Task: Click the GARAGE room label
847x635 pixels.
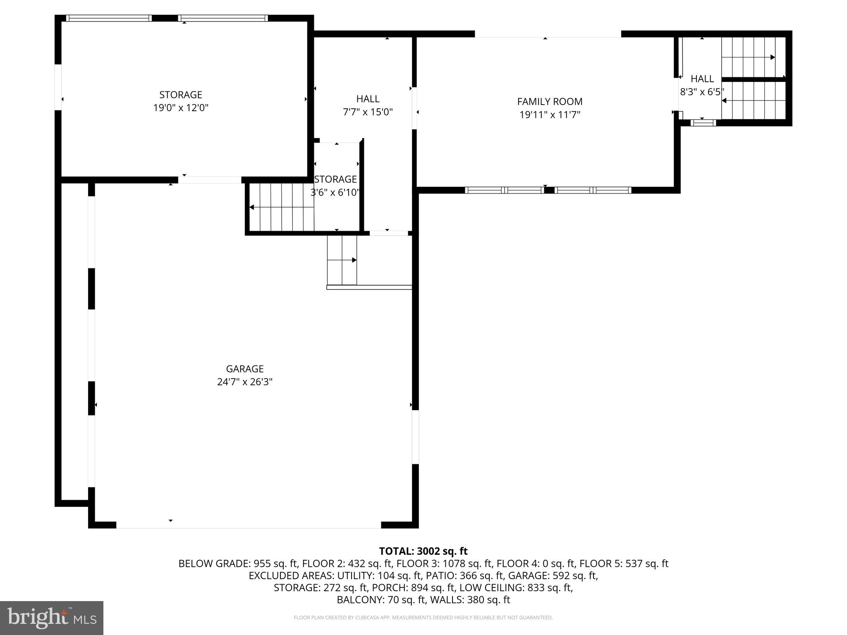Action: pos(244,368)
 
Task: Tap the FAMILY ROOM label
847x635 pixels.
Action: pos(550,101)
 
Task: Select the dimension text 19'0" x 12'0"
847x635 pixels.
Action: pos(181,108)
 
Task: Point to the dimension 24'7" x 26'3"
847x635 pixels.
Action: pos(244,382)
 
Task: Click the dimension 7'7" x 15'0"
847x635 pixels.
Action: pos(368,112)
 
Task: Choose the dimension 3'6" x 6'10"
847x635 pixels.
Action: pos(335,193)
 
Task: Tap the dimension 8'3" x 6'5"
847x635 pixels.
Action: pos(702,92)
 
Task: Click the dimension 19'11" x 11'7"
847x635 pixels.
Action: pos(550,115)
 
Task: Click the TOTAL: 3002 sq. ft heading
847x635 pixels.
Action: pos(423,551)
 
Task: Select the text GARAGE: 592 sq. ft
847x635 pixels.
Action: pos(553,575)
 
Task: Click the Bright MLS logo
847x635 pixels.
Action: pos(52,618)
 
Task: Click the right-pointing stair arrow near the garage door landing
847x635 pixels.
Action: pos(354,260)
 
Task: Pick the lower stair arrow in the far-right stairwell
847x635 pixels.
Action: pos(724,100)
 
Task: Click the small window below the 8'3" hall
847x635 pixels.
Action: pos(703,123)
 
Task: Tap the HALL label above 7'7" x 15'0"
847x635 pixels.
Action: pos(368,99)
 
